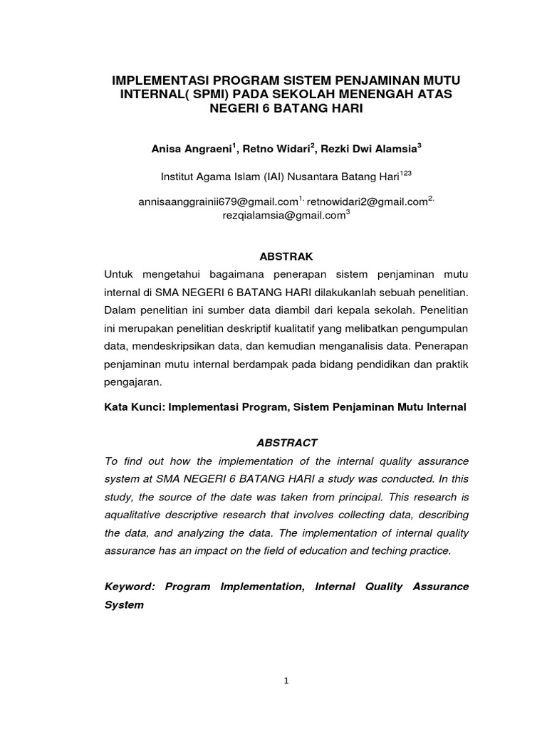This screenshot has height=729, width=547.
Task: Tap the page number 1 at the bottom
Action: click(286, 681)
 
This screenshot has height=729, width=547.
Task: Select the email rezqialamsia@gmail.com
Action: click(283, 215)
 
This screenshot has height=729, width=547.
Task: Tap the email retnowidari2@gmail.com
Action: click(366, 202)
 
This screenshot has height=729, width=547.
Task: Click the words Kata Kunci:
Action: click(132, 407)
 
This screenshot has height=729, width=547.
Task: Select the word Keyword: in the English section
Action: click(129, 587)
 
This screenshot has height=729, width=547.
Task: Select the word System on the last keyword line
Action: click(124, 605)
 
